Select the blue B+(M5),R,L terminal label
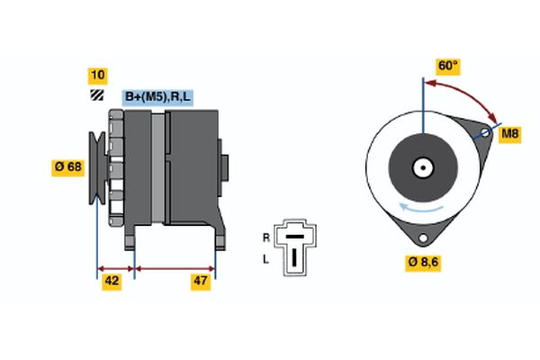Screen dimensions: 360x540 pyautogui.click(x=158, y=96)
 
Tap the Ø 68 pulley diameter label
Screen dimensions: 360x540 pyautogui.click(x=68, y=166)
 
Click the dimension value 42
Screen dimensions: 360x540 pyautogui.click(x=112, y=282)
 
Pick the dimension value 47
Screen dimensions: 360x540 pyautogui.click(x=201, y=282)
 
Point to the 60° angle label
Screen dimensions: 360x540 pyautogui.click(x=447, y=67)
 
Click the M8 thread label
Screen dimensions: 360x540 pyautogui.click(x=510, y=134)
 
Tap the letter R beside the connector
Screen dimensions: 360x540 pyautogui.click(x=265, y=238)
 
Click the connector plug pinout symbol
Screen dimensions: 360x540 pyautogui.click(x=293, y=245)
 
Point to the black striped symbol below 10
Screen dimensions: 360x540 pyautogui.click(x=96, y=94)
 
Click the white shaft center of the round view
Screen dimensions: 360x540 pyautogui.click(x=421, y=167)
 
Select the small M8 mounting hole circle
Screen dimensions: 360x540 pyautogui.click(x=484, y=134)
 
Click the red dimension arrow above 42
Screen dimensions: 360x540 pyautogui.click(x=115, y=268)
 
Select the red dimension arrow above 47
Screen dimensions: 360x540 pyautogui.click(x=175, y=268)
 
